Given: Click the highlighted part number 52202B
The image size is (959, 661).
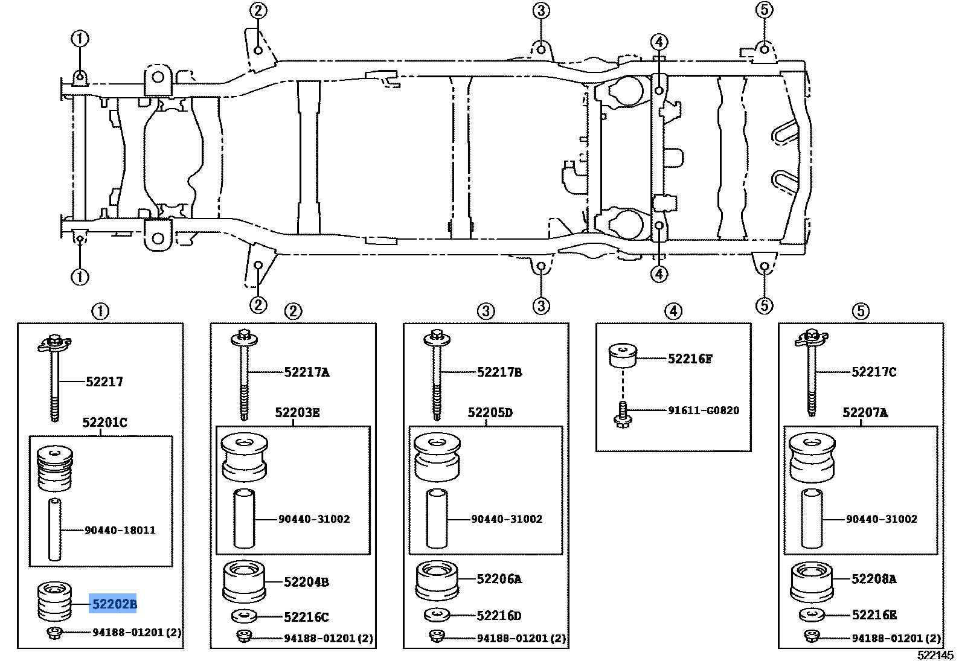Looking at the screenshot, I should (x=113, y=603).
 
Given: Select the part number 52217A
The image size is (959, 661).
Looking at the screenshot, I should (x=307, y=372).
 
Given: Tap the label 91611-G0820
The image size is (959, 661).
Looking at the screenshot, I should (x=703, y=410).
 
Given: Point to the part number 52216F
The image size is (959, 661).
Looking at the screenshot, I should (x=690, y=359).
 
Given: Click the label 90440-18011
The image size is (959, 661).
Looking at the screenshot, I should (x=120, y=530).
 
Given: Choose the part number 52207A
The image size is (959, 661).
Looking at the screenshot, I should (x=865, y=413).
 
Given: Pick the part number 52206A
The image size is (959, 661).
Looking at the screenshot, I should (x=499, y=579).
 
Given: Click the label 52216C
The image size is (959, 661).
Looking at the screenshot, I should (x=306, y=617).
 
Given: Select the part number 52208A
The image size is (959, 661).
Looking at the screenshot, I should (x=873, y=579).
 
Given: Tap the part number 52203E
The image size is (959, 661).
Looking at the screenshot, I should (x=297, y=413).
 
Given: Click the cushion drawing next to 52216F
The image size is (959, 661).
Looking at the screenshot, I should (x=623, y=355).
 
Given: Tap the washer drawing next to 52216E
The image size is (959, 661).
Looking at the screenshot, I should (x=812, y=616).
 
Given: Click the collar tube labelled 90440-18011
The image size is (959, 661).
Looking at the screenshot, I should (x=55, y=529).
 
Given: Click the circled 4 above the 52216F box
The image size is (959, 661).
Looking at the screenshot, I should (x=673, y=311).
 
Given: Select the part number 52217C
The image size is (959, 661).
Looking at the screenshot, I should (x=873, y=372).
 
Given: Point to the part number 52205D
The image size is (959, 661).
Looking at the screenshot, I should (x=490, y=413).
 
